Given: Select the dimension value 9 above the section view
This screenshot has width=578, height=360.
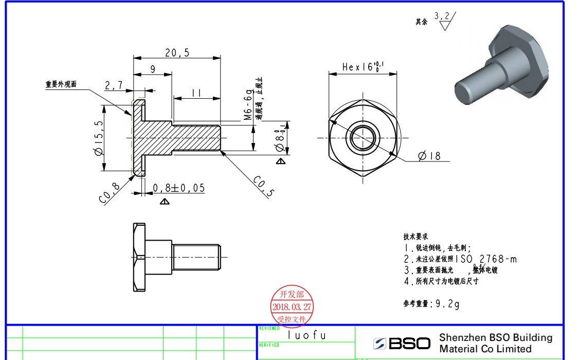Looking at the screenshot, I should [x=153, y=69].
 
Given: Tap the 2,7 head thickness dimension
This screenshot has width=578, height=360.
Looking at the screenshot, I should [x=114, y=85].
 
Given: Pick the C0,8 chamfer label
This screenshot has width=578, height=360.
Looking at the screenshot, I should [x=109, y=193].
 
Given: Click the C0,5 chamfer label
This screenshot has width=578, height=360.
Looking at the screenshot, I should [x=263, y=187].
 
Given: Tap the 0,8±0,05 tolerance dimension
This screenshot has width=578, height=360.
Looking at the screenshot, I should [x=178, y=188].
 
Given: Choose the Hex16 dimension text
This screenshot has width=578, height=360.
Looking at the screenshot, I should [x=363, y=67].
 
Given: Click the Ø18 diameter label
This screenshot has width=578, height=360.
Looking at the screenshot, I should [x=429, y=156].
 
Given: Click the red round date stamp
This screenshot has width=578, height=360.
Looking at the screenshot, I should [x=292, y=307].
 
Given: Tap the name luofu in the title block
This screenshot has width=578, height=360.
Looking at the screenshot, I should [x=306, y=335].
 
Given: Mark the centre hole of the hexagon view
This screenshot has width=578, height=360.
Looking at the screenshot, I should [x=363, y=137].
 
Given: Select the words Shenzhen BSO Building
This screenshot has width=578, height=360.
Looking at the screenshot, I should [x=496, y=338].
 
